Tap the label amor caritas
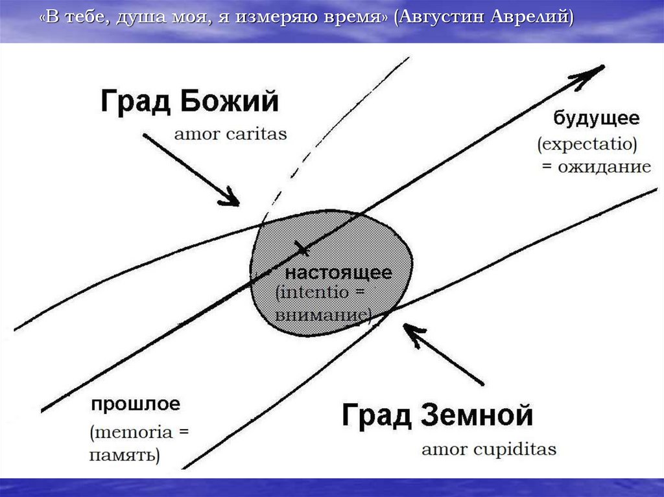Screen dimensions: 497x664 230,135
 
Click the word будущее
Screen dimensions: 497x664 596,119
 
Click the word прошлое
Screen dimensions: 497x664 135,405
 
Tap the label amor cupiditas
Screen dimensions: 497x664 489,449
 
